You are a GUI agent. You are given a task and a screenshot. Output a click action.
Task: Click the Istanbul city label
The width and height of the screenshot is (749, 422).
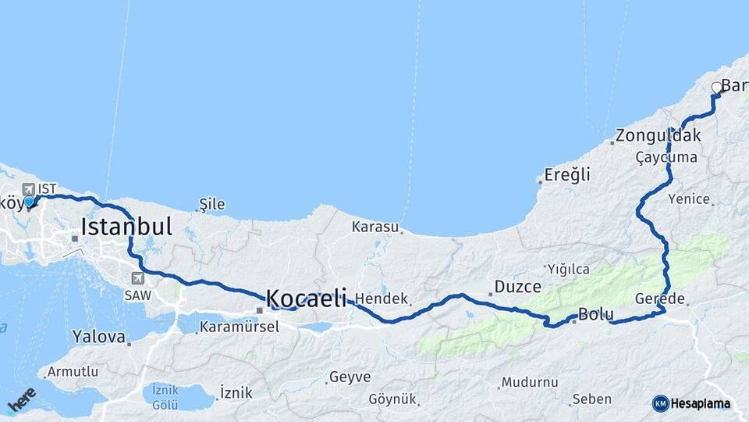pyautogui.click(x=126, y=227)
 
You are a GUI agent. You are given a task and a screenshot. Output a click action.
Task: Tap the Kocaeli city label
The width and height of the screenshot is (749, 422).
pyautogui.click(x=306, y=298)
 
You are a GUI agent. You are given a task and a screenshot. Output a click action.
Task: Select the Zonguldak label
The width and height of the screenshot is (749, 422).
pyautogui.click(x=658, y=135)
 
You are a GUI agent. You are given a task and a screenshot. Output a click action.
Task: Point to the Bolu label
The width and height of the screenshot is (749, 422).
pyautogui.click(x=596, y=314)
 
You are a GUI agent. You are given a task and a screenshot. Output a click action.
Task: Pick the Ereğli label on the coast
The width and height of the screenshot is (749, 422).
pyautogui.click(x=567, y=174)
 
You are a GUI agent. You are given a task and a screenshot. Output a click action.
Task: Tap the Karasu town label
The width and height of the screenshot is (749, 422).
pyautogui.click(x=375, y=227)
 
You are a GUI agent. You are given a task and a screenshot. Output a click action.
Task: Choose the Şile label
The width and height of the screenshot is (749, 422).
pyautogui.click(x=212, y=205)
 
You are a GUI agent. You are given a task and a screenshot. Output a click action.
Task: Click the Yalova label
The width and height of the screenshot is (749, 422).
pyautogui.click(x=98, y=338)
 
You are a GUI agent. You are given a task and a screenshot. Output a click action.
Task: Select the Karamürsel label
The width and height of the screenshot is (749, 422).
pyautogui.click(x=239, y=327)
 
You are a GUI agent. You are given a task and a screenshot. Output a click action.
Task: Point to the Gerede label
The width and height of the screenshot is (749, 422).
pyautogui.click(x=660, y=299)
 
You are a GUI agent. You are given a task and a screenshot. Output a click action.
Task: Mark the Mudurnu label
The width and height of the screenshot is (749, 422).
pyautogui.click(x=530, y=383)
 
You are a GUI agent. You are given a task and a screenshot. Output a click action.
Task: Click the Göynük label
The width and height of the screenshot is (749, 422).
pyautogui.click(x=393, y=399)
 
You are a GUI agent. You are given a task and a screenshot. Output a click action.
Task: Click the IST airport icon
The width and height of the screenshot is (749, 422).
pyautogui.click(x=29, y=189)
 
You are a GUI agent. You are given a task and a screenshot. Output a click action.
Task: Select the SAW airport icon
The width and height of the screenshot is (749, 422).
pyautogui.click(x=138, y=277)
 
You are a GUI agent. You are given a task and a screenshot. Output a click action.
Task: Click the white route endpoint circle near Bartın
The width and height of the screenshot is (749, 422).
pyautogui.click(x=717, y=88)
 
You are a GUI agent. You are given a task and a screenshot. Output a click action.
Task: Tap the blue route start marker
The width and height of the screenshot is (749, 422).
pyautogui.click(x=29, y=202)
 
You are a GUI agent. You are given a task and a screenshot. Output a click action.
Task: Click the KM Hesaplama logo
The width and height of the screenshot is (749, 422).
pyautogui.click(x=694, y=403)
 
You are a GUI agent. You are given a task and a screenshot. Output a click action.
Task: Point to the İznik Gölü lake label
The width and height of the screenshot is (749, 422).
pyautogui.click(x=165, y=396)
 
